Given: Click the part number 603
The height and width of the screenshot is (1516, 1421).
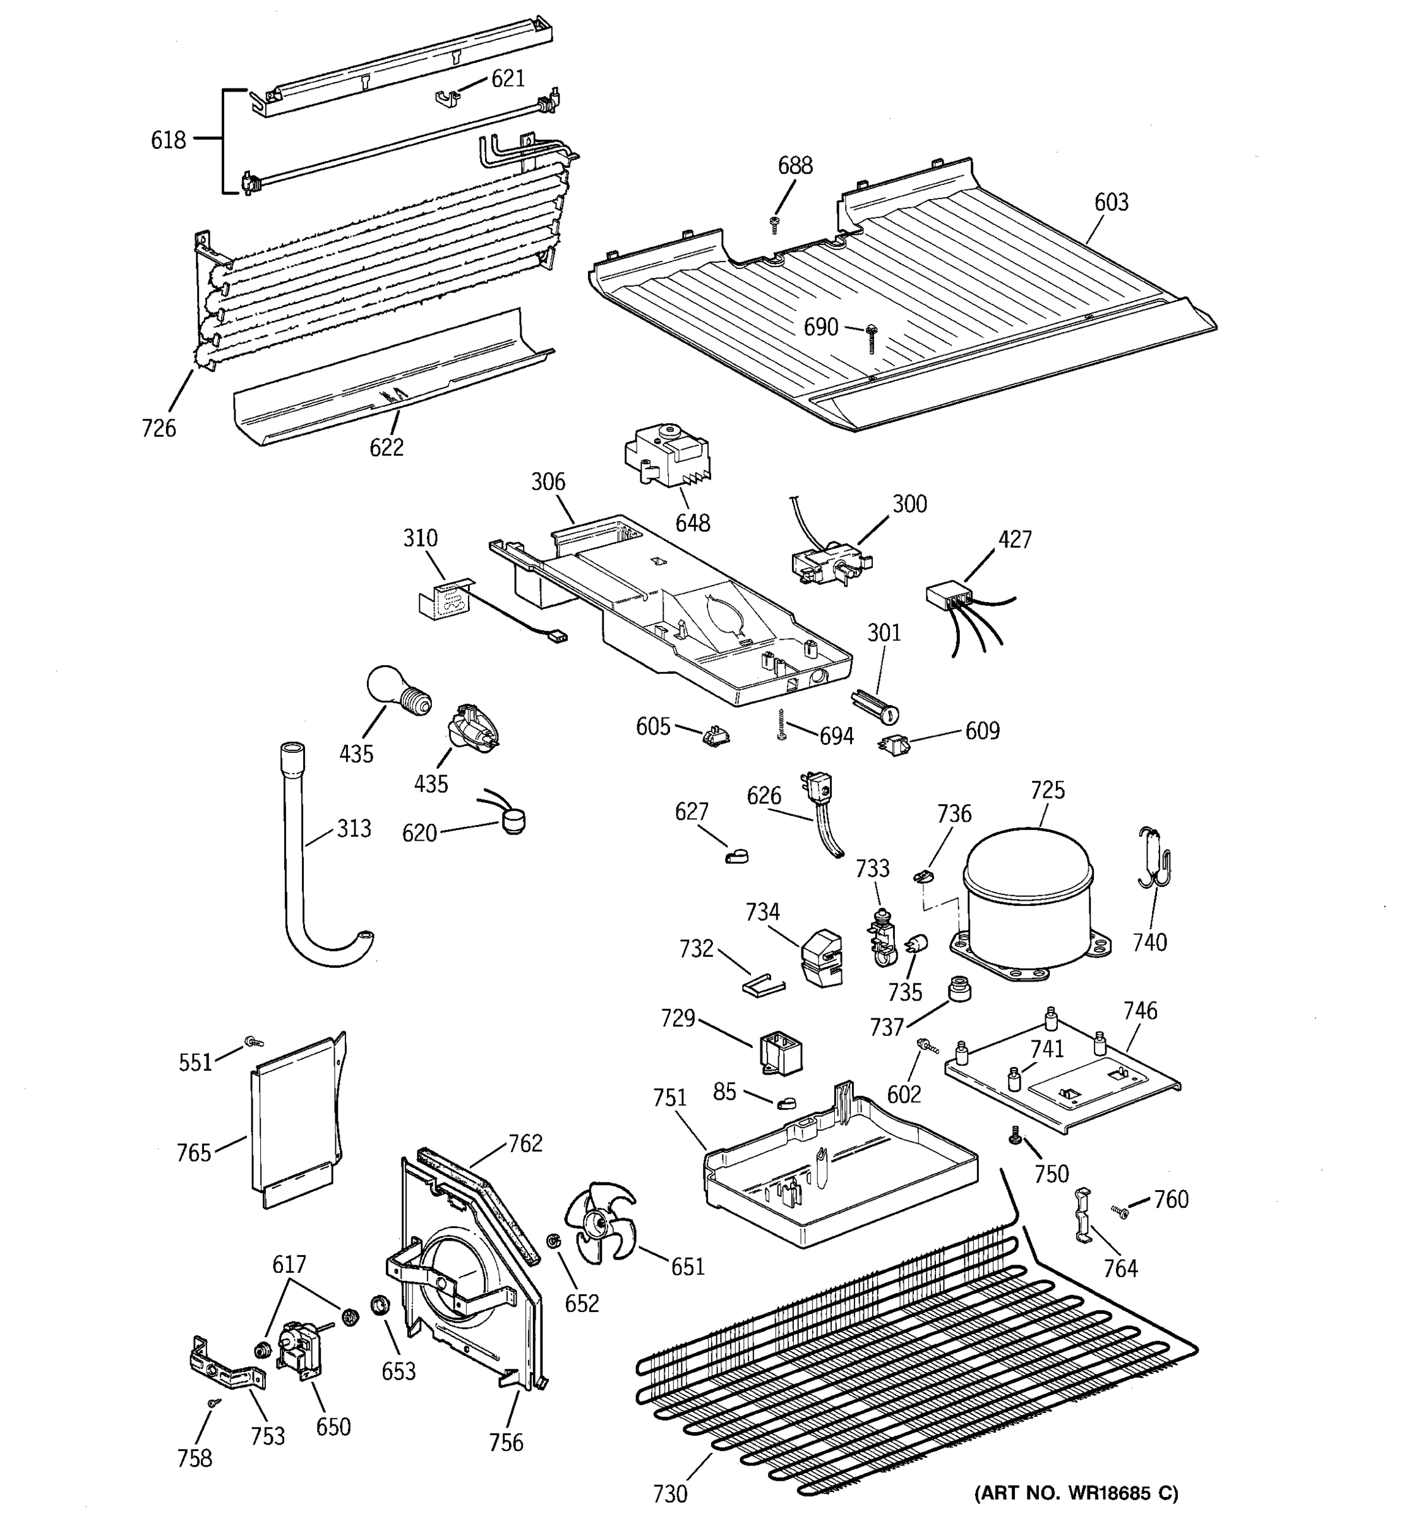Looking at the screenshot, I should click(x=1111, y=202).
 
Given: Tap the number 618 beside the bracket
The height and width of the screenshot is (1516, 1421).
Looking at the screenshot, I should click(x=169, y=140).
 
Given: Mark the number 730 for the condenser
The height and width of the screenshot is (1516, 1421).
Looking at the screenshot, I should click(x=670, y=1493).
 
